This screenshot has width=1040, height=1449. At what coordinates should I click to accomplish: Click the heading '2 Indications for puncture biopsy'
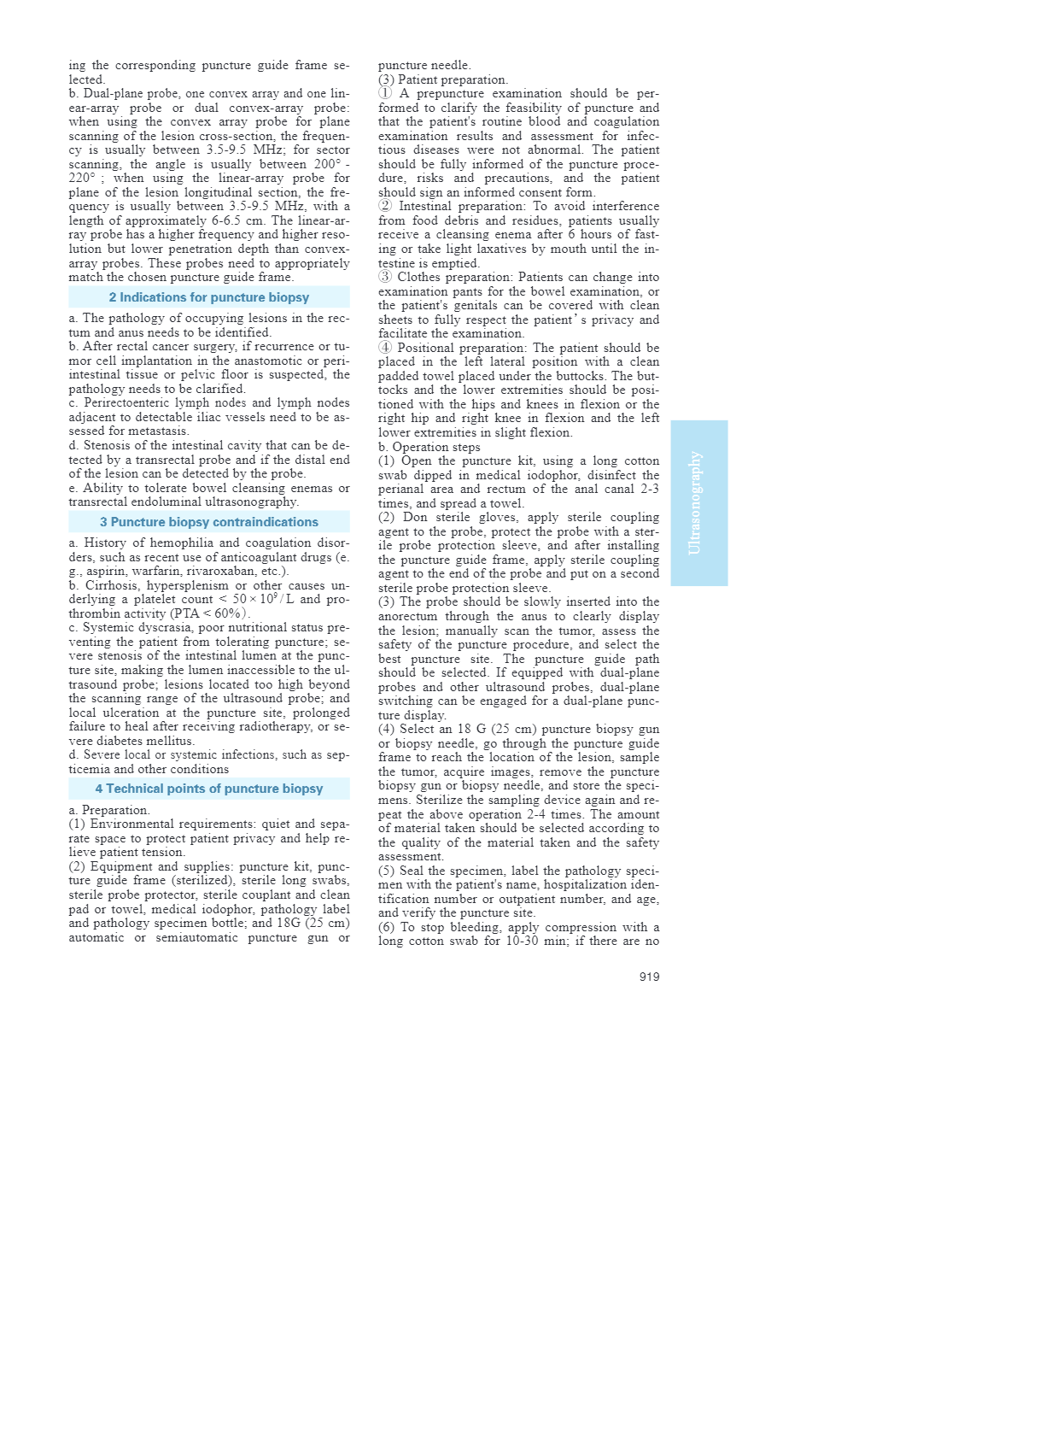209,297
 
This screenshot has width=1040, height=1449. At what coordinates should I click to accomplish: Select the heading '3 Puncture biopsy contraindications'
209,522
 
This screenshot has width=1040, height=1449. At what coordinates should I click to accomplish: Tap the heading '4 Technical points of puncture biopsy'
209,789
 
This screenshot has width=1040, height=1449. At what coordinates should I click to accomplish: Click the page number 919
649,977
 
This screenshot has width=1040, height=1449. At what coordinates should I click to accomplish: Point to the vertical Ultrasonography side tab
698,502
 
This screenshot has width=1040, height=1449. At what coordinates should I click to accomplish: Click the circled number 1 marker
385,93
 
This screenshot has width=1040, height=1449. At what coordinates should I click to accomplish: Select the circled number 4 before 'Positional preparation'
385,348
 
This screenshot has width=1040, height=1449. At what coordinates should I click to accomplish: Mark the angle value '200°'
325,164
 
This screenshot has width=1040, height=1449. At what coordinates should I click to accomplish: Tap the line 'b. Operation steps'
429,447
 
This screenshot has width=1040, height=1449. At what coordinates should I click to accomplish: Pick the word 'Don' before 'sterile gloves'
415,517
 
